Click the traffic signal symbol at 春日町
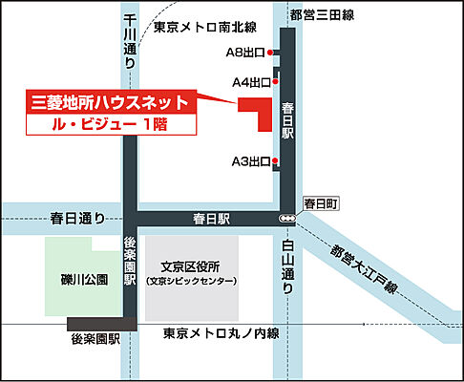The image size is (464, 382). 287,220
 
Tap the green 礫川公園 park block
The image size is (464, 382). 83,278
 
